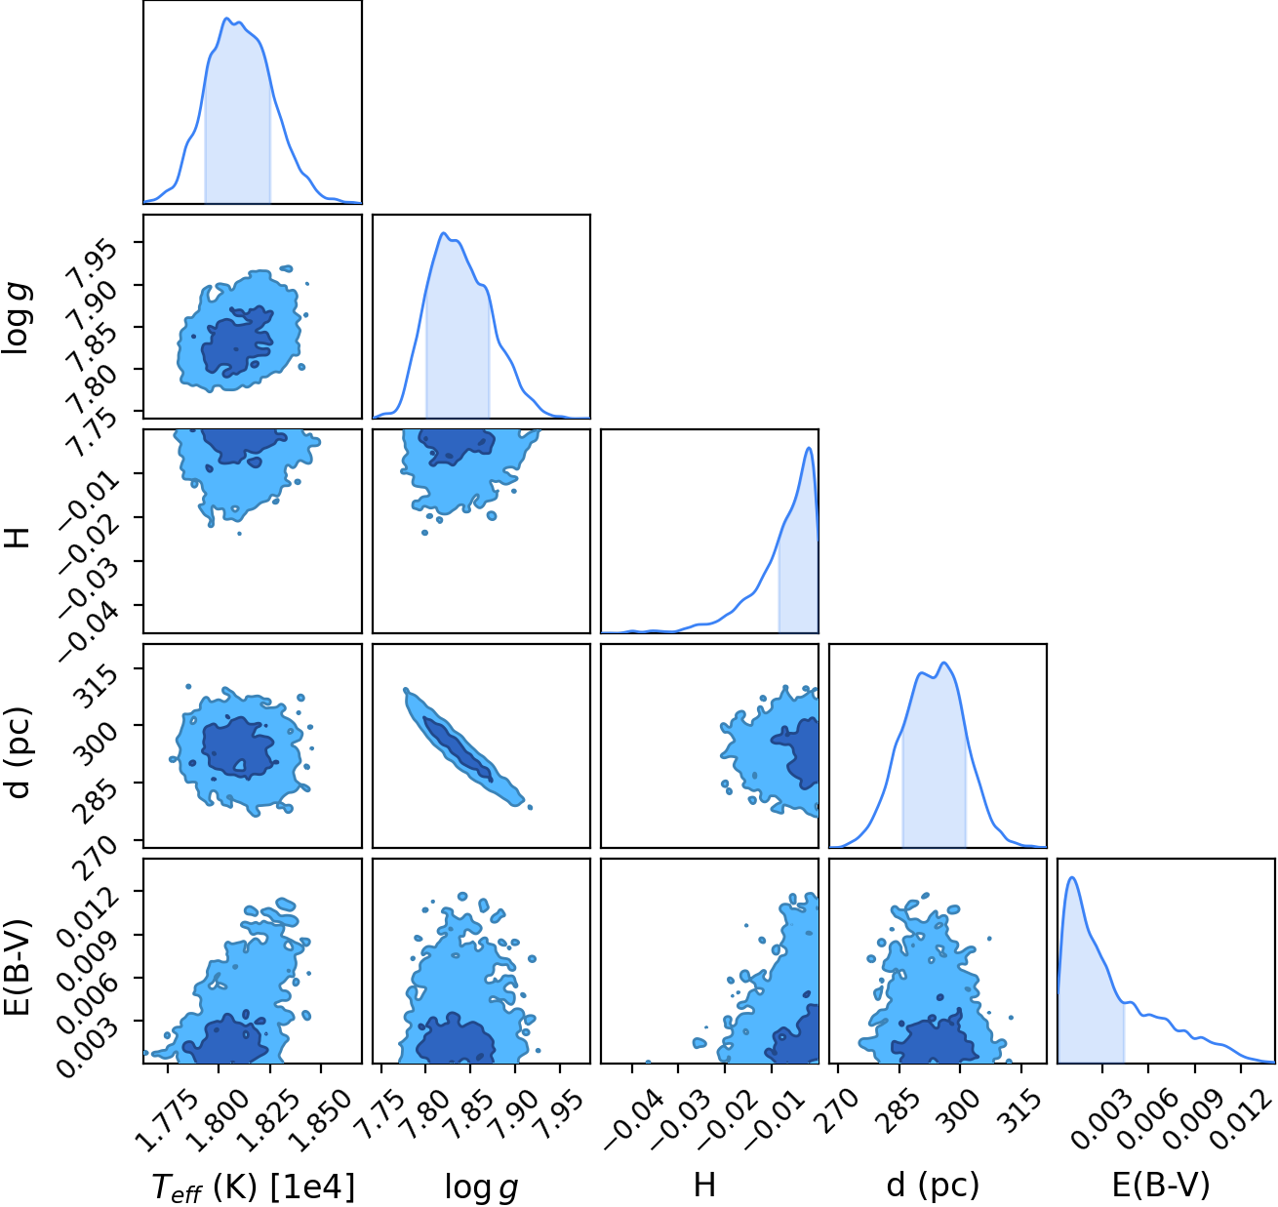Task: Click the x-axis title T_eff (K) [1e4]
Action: point(254,1186)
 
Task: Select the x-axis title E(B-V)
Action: point(1162,1184)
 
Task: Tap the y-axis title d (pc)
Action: point(20,752)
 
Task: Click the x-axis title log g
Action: point(481,1186)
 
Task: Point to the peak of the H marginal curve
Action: point(809,448)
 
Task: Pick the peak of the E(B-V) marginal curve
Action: point(1072,877)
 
